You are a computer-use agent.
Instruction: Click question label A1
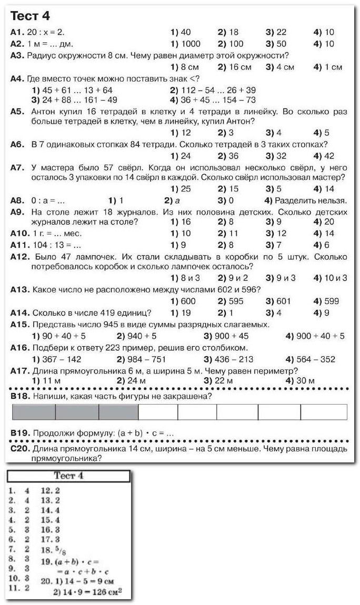click(17, 32)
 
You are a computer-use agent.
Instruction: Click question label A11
click(19, 245)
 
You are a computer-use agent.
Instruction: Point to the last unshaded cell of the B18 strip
click(327, 412)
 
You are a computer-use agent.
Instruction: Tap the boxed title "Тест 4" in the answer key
click(68, 476)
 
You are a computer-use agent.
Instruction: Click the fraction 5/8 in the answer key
click(61, 550)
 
